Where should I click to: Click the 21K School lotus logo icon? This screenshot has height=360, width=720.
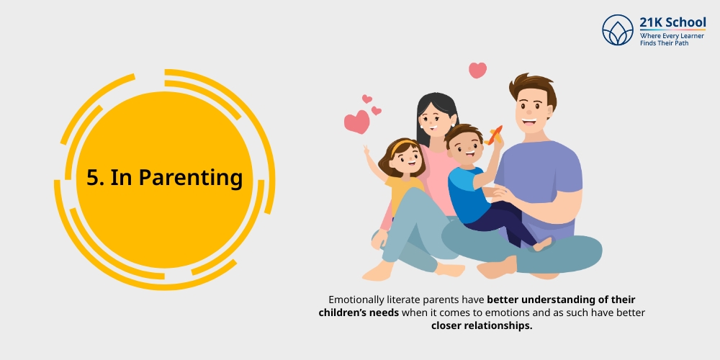[618, 30]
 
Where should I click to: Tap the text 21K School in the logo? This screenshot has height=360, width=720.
[672, 22]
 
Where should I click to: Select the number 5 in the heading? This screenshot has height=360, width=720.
[93, 177]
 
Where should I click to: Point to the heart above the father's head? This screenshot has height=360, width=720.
[477, 71]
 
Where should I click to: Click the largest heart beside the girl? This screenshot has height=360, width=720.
[357, 122]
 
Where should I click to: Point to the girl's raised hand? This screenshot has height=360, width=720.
[367, 150]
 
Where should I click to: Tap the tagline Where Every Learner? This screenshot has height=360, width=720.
[672, 36]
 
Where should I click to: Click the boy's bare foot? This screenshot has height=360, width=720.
[542, 244]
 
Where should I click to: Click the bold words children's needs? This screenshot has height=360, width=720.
[359, 312]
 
